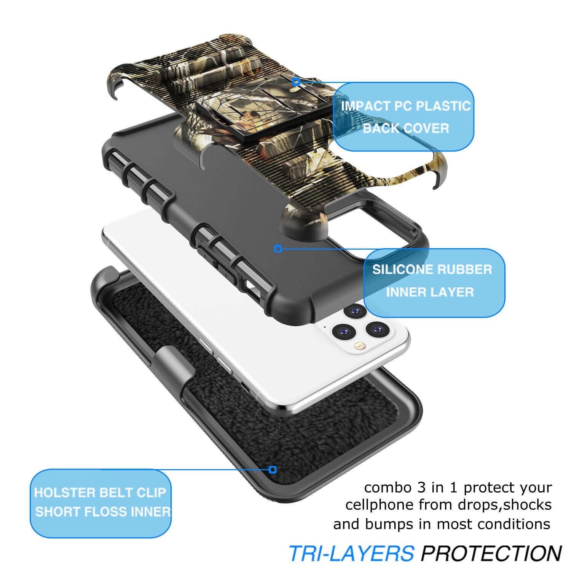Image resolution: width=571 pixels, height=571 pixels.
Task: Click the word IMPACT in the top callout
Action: (365, 106)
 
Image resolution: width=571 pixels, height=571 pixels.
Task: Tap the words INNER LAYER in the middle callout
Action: (430, 292)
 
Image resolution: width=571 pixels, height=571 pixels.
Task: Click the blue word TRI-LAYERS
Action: (351, 553)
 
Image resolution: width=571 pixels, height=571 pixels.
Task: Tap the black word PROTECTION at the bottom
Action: (491, 553)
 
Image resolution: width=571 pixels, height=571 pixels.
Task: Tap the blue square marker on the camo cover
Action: (296, 81)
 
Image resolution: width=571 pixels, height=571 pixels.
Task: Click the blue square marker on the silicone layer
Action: (278, 249)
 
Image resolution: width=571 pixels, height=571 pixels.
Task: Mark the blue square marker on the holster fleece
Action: (272, 470)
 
